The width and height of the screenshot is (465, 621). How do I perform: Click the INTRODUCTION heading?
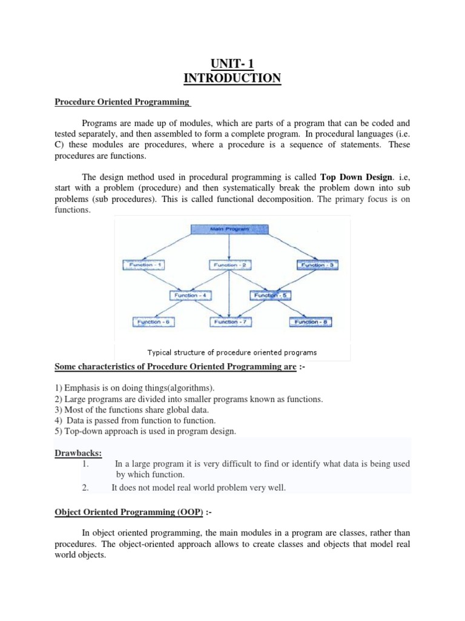(232, 78)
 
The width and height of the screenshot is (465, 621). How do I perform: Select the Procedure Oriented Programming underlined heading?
(122, 102)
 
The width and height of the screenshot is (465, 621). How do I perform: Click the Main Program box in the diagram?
(229, 229)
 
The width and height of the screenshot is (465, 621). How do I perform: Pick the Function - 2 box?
(230, 265)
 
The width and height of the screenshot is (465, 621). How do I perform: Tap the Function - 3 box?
(315, 265)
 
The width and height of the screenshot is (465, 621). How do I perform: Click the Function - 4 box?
(188, 295)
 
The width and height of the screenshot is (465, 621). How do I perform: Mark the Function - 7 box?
(230, 322)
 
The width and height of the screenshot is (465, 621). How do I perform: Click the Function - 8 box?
(311, 322)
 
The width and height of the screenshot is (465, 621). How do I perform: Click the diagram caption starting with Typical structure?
(232, 352)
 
